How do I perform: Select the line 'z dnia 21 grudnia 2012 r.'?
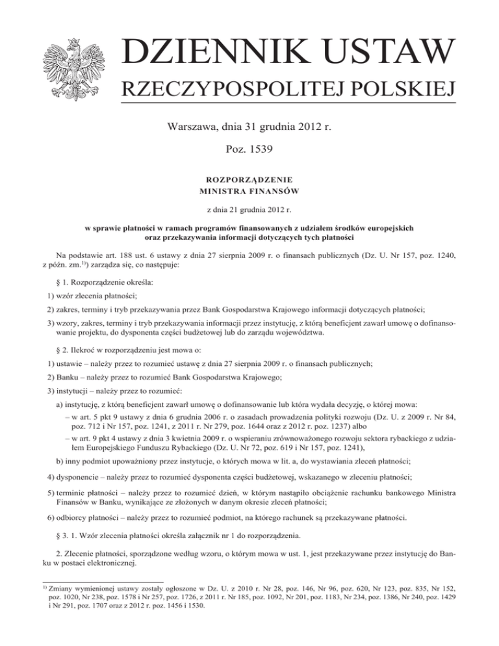[x=249, y=211]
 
